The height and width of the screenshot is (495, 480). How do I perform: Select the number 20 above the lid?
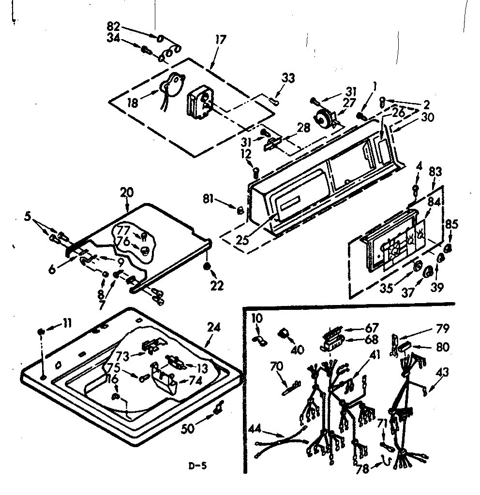tap(126, 192)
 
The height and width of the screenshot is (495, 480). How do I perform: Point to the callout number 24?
tap(213, 327)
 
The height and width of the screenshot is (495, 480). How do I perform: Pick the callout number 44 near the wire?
tap(256, 428)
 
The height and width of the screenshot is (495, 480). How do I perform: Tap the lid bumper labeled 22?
tap(207, 267)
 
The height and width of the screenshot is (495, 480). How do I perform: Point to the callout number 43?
tap(442, 372)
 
